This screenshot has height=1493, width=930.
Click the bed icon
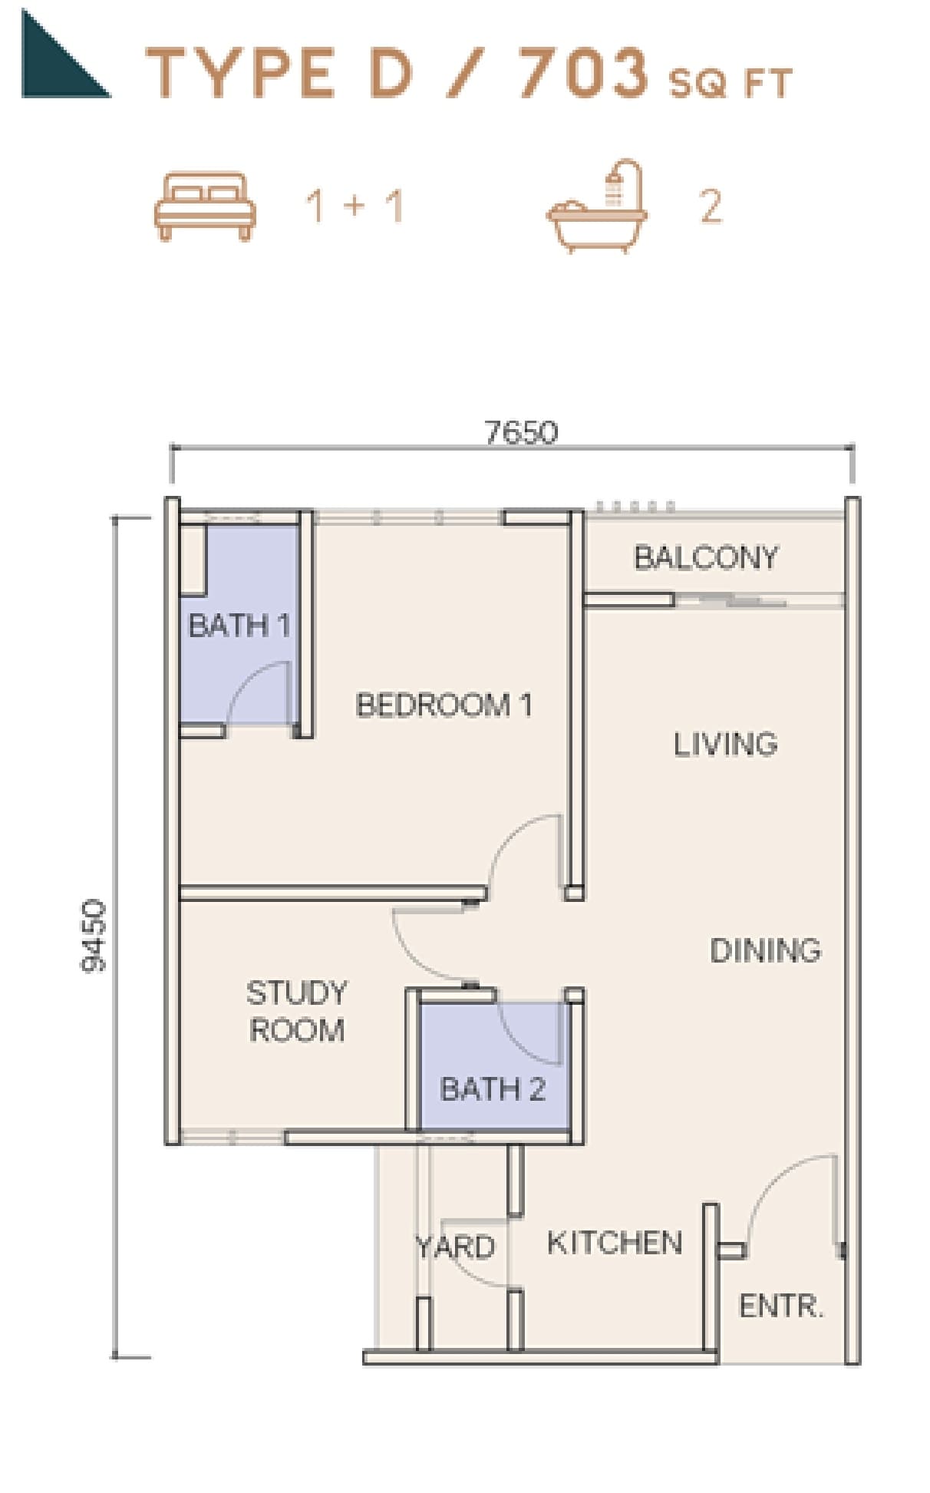(205, 206)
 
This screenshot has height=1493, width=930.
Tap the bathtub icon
(597, 206)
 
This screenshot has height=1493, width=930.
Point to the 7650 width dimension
(522, 432)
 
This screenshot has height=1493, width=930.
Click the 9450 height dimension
(94, 936)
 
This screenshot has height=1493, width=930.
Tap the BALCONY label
(706, 557)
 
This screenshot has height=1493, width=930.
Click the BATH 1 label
(239, 626)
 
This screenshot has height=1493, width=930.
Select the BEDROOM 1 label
(444, 705)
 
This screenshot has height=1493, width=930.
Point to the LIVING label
(725, 744)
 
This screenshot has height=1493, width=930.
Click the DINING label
(765, 951)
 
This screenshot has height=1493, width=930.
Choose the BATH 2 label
(493, 1088)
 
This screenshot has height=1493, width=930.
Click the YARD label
(455, 1247)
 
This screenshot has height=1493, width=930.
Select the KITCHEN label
(615, 1243)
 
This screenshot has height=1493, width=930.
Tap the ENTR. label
(781, 1306)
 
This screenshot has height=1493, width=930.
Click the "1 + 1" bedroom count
(355, 206)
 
